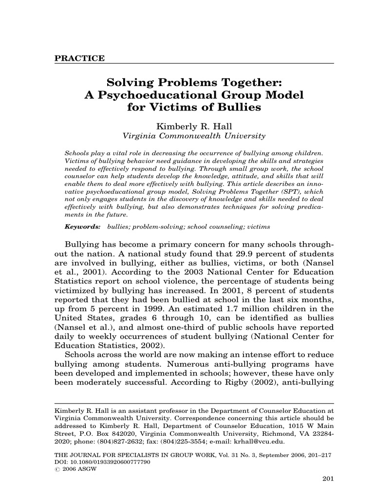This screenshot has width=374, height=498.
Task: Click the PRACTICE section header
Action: coord(80,59)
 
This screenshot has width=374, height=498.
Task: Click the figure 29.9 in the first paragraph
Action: coord(253,254)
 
